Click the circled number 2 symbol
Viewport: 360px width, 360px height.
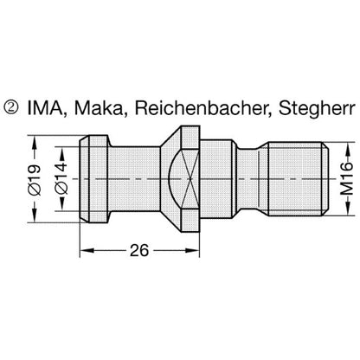tap(11, 107)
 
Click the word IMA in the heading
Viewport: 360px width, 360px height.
tap(45, 108)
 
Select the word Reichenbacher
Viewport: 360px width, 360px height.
tap(203, 108)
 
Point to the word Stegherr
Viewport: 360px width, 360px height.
tap(316, 109)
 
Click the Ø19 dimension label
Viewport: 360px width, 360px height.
tap(35, 179)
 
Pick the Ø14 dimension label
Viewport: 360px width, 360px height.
tap(61, 178)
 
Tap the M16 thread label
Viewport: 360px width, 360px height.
tap(346, 178)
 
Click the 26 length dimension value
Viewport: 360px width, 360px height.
tap(139, 250)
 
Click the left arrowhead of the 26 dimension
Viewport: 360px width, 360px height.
tap(87, 250)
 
